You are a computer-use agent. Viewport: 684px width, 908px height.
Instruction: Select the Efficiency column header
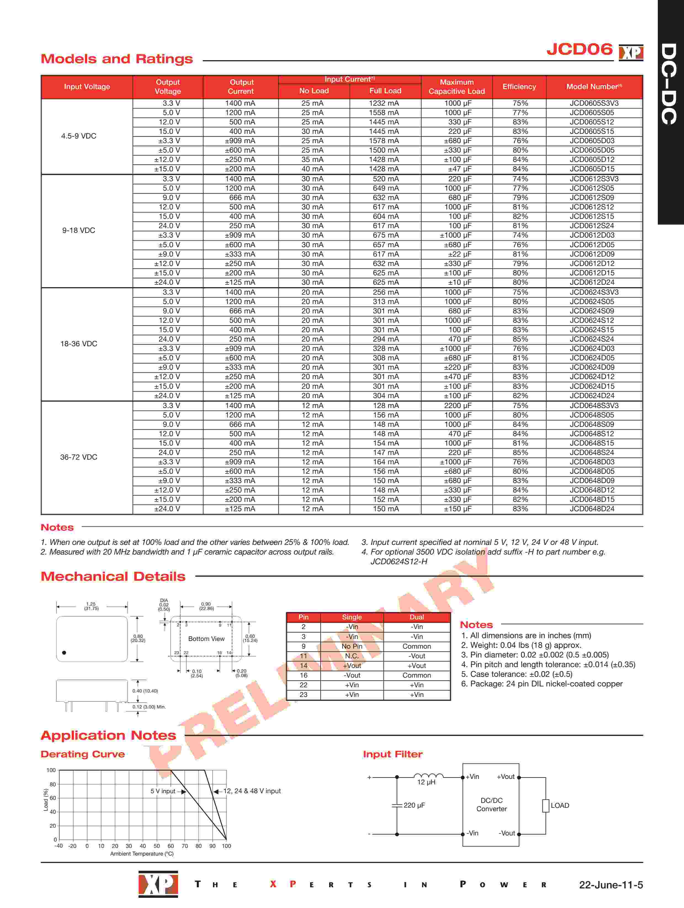click(519, 87)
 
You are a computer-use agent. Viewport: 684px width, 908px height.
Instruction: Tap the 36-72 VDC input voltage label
click(78, 457)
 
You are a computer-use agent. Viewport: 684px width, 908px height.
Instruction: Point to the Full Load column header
click(385, 91)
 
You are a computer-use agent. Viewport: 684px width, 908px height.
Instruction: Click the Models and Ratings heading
click(117, 59)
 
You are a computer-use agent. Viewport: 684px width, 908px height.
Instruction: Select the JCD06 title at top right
click(579, 49)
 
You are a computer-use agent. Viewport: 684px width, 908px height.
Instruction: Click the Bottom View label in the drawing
click(206, 639)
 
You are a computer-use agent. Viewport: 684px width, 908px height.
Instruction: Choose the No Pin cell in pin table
click(352, 646)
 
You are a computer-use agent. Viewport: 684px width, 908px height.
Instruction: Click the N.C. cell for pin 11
click(352, 656)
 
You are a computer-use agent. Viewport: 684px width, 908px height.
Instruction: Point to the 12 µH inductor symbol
click(428, 775)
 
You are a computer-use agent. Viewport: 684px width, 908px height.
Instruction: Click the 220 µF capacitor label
click(414, 805)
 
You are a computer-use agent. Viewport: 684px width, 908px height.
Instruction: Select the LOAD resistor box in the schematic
click(546, 805)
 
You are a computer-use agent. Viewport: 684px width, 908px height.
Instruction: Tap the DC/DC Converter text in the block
click(491, 805)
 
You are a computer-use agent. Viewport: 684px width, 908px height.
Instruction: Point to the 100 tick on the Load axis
click(51, 770)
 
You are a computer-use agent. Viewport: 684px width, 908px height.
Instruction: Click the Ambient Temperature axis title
click(142, 854)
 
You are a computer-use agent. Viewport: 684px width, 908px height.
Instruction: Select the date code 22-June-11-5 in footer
click(611, 885)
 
